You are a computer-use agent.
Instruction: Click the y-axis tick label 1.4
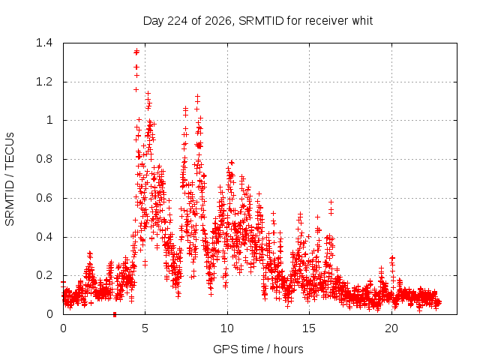pyautogui.click(x=44, y=43)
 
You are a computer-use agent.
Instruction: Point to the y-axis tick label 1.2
pyautogui.click(x=44, y=82)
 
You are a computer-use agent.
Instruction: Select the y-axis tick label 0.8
pyautogui.click(x=44, y=159)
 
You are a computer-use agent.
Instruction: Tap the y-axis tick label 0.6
pyautogui.click(x=44, y=198)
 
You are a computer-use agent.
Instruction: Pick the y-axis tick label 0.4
pyautogui.click(x=44, y=237)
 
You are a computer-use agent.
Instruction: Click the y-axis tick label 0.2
pyautogui.click(x=44, y=275)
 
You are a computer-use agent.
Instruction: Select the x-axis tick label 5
pyautogui.click(x=145, y=328)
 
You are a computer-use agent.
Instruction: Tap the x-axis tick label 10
pyautogui.click(x=227, y=328)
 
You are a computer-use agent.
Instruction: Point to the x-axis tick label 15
pyautogui.click(x=309, y=328)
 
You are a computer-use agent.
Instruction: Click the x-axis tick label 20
pyautogui.click(x=391, y=328)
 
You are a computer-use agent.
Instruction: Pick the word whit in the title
pyautogui.click(x=362, y=21)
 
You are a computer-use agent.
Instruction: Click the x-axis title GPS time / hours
pyautogui.click(x=258, y=349)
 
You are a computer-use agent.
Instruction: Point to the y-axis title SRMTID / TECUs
pyautogui.click(x=10, y=179)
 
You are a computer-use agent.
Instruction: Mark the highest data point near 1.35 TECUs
pyautogui.click(x=136, y=51)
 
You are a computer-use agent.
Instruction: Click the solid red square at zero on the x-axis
pyautogui.click(x=115, y=314)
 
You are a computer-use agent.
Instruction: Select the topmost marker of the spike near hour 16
pyautogui.click(x=331, y=202)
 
